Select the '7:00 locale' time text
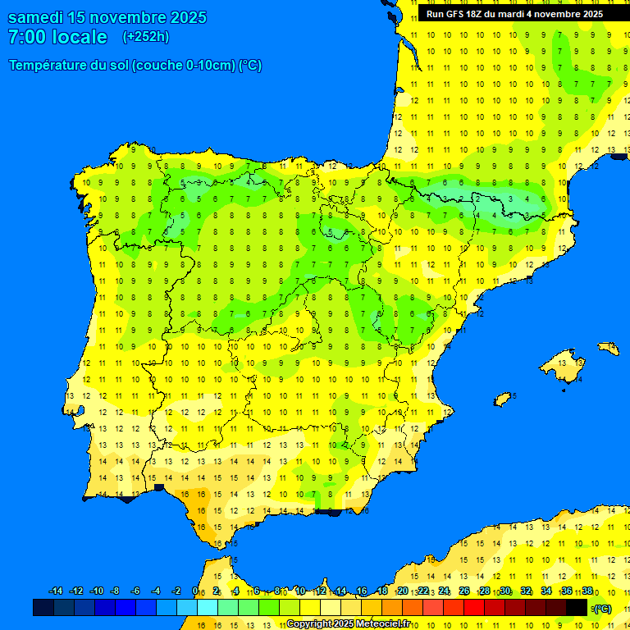(x=57, y=37)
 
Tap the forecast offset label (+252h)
(x=146, y=37)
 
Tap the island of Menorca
(x=609, y=349)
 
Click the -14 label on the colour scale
(x=56, y=591)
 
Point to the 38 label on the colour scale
(x=587, y=591)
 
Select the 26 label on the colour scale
(x=464, y=591)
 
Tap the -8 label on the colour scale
(x=116, y=591)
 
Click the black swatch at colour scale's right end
(x=577, y=607)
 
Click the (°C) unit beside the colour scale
(x=602, y=608)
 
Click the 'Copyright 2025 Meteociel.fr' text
(x=349, y=623)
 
